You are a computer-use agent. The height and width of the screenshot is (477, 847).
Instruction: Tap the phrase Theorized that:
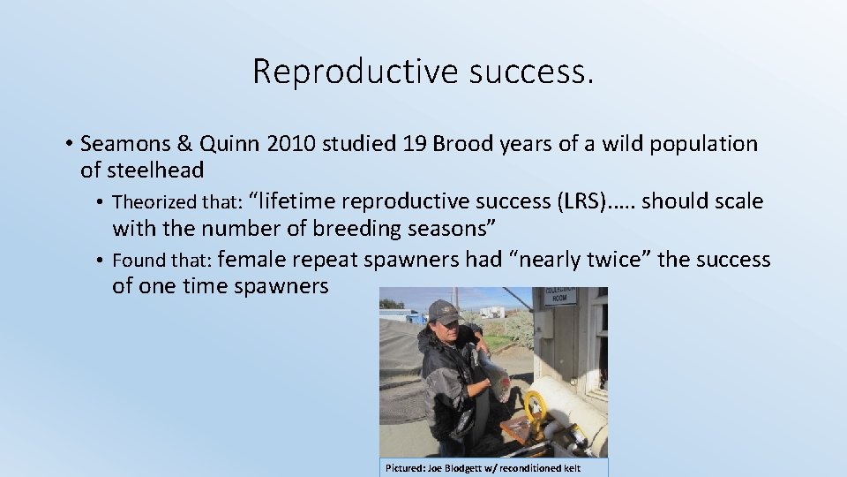(x=177, y=202)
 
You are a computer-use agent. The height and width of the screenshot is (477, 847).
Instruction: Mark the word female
(x=251, y=260)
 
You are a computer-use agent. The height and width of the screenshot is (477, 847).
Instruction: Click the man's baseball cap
(x=444, y=312)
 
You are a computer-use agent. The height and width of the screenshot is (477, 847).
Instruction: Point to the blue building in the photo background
(x=400, y=315)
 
